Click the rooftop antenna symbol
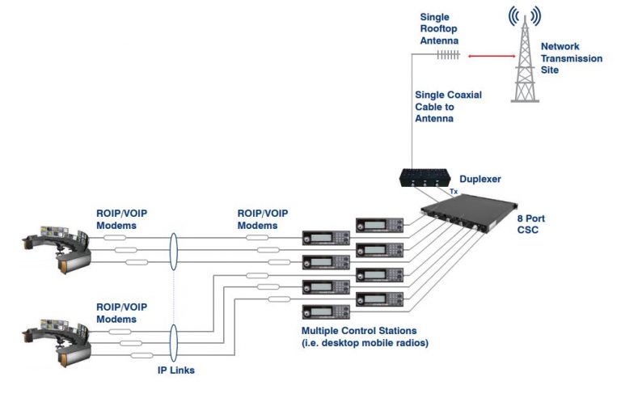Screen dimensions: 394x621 point(448,55)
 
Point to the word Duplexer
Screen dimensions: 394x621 point(479,180)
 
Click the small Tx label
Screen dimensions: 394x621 point(454,192)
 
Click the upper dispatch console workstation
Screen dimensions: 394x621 point(57,243)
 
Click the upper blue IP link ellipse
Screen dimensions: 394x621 point(173,250)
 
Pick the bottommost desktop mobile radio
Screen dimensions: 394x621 point(325,311)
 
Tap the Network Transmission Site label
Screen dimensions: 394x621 point(571,58)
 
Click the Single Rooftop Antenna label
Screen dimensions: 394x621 point(439,28)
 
